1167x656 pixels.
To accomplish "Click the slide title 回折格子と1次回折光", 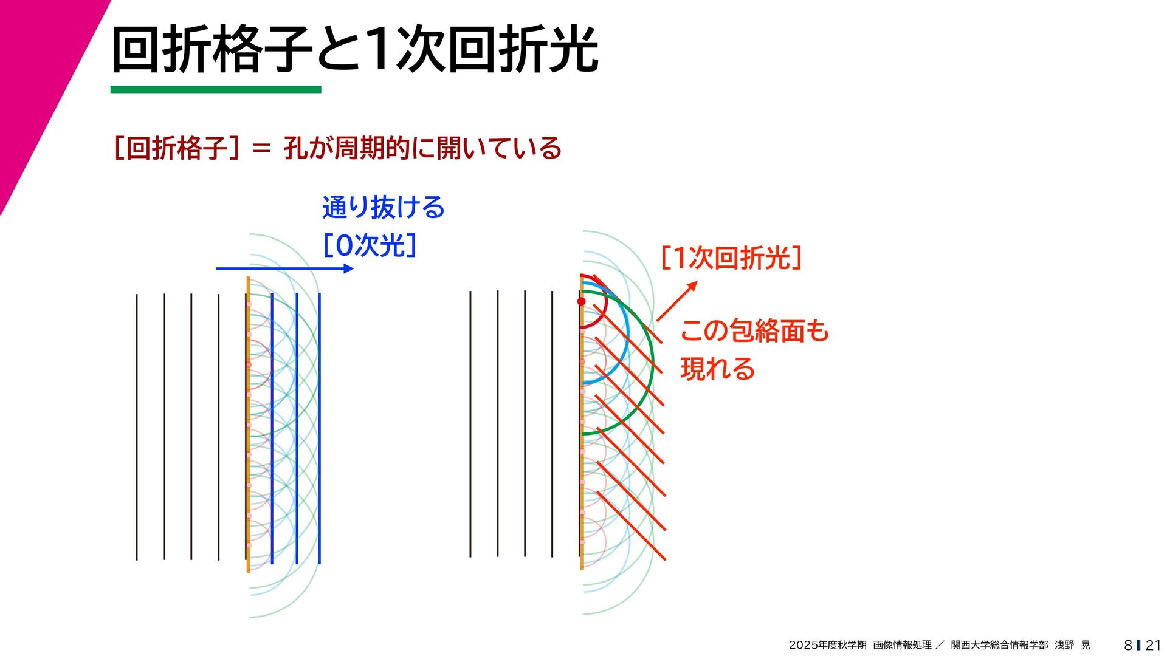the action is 355,50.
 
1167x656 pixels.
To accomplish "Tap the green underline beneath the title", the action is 216,90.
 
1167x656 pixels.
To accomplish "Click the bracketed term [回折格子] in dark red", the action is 176,148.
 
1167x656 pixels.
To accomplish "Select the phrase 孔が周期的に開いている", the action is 422,148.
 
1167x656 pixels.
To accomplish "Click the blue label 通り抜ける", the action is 384,208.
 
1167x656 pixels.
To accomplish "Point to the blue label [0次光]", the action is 370,245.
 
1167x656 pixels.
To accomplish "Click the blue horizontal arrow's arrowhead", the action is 348,268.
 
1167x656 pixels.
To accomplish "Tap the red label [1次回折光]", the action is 731,258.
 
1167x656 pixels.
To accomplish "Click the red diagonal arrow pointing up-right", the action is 676,301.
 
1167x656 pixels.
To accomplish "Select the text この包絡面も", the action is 754,331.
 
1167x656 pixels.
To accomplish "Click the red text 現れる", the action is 718,369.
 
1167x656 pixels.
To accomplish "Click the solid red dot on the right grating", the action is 582,301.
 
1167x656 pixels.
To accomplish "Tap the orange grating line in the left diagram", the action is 248,425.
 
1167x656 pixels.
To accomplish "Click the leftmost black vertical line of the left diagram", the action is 137,425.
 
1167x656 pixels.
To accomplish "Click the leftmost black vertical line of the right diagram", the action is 470,425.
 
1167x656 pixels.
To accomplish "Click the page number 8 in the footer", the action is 1127,645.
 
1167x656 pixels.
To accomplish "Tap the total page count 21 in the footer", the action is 1152,645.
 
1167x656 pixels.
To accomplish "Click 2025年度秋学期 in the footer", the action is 827,645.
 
